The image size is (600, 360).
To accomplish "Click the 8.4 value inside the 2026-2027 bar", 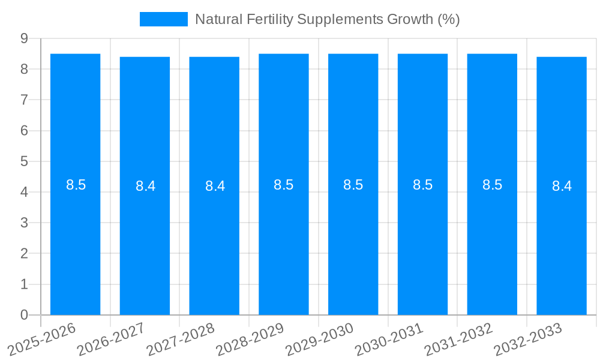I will (145, 186).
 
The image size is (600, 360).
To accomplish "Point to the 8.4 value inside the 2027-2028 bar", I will (215, 186).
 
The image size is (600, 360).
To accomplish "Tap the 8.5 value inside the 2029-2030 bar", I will (353, 185).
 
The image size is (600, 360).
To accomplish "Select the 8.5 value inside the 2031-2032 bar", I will (492, 185).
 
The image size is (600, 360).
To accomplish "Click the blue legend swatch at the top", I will (163, 19).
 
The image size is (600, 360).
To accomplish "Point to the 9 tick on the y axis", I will (24, 38).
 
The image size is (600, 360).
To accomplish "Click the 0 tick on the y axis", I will (24, 315).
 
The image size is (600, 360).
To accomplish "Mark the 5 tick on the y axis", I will (24, 161).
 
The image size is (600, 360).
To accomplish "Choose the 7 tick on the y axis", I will (24, 100).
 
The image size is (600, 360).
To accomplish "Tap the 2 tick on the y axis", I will (24, 254).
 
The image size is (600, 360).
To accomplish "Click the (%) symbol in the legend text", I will (448, 19).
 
